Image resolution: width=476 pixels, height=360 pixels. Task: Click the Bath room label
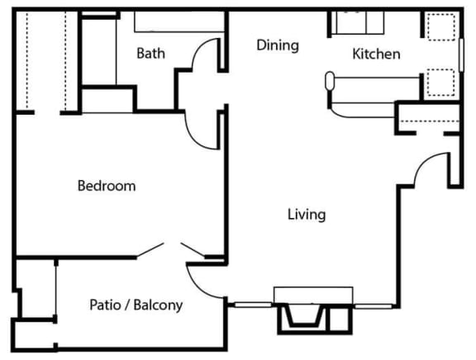click(150, 54)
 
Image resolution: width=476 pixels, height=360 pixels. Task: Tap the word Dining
click(278, 45)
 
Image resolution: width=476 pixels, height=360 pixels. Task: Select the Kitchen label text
click(376, 54)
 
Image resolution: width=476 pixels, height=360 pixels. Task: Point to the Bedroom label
click(107, 186)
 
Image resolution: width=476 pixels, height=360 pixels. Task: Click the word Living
click(307, 215)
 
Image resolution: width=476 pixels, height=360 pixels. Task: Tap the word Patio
click(105, 305)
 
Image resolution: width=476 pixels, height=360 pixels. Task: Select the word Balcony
click(158, 306)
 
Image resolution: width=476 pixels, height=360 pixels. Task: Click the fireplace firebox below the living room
click(304, 316)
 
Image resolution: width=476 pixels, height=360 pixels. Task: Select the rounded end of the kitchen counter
click(330, 81)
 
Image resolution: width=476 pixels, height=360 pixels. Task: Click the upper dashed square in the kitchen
click(441, 26)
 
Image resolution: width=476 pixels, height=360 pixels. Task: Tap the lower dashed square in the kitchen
click(441, 83)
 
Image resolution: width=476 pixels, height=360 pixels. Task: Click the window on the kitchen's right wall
click(461, 54)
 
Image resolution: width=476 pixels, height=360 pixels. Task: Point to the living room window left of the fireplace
click(253, 305)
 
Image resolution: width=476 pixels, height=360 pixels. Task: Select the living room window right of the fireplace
click(373, 306)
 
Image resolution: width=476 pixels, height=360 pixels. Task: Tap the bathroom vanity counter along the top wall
click(179, 21)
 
